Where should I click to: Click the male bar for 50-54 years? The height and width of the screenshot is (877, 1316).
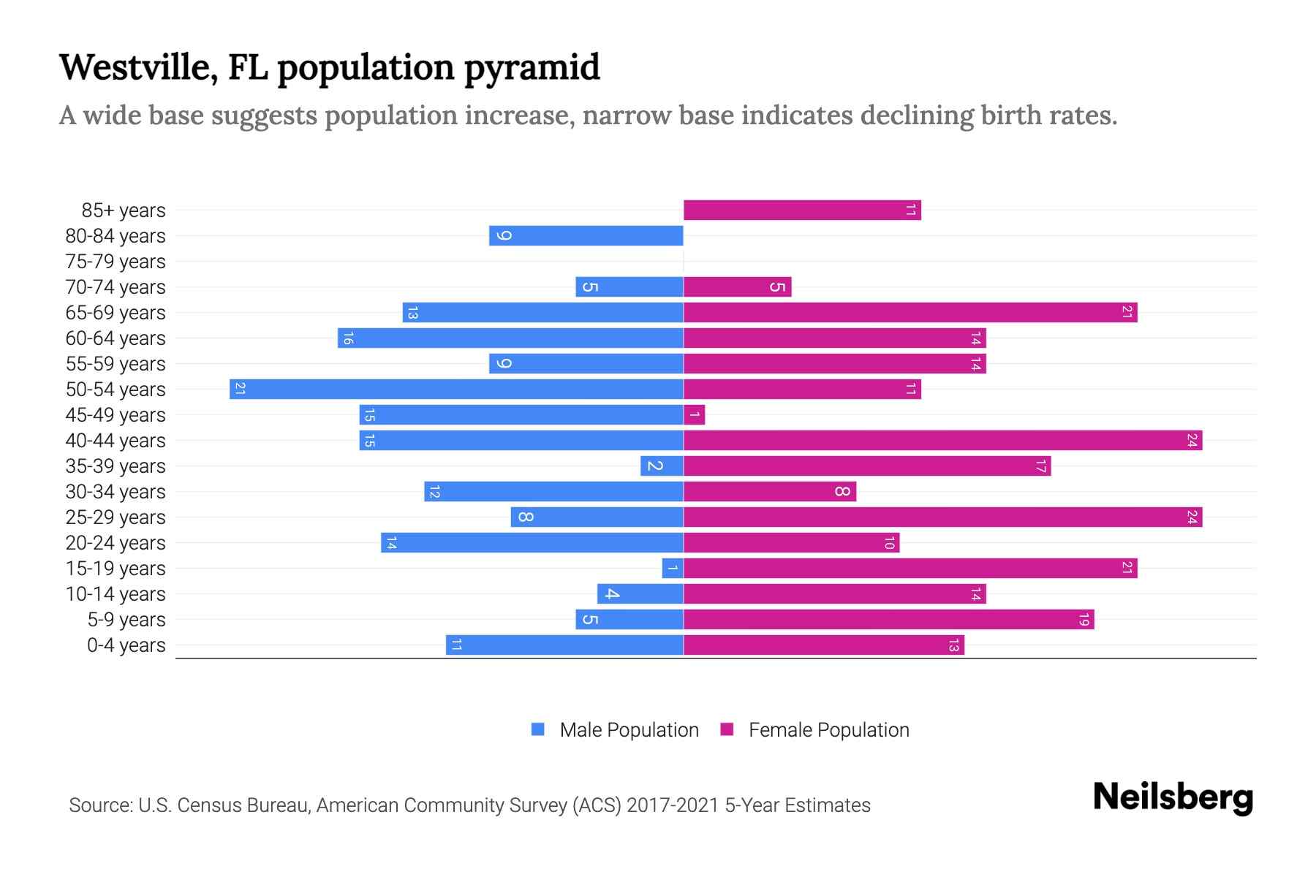tap(456, 389)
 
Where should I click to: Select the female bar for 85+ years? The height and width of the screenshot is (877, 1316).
tap(802, 210)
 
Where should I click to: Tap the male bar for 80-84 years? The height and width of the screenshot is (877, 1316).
tap(586, 235)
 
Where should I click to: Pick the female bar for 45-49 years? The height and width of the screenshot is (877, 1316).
tap(694, 414)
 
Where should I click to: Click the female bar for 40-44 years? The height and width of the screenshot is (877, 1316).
tap(942, 440)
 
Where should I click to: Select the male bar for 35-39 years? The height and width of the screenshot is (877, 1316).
tap(662, 466)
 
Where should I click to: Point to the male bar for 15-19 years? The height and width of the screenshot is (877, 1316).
tap(673, 568)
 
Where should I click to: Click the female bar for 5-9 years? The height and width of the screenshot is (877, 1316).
tap(888, 619)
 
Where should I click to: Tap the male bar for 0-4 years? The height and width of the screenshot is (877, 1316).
tap(564, 645)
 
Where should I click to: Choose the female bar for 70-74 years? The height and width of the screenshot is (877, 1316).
tap(737, 286)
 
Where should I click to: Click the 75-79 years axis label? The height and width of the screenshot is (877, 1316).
tap(116, 262)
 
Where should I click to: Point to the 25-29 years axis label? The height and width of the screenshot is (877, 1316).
tap(116, 517)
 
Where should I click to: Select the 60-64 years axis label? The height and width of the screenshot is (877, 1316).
tap(116, 338)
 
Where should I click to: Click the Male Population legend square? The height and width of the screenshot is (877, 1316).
tap(538, 729)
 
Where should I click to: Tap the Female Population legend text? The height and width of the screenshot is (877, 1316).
tap(828, 730)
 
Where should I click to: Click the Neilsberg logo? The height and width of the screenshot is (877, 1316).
tap(1173, 797)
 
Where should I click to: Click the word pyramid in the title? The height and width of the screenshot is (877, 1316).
tap(532, 68)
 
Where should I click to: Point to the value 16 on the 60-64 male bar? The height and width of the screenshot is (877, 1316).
tap(348, 338)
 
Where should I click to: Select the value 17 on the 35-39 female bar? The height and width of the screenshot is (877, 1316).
tap(1040, 466)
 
